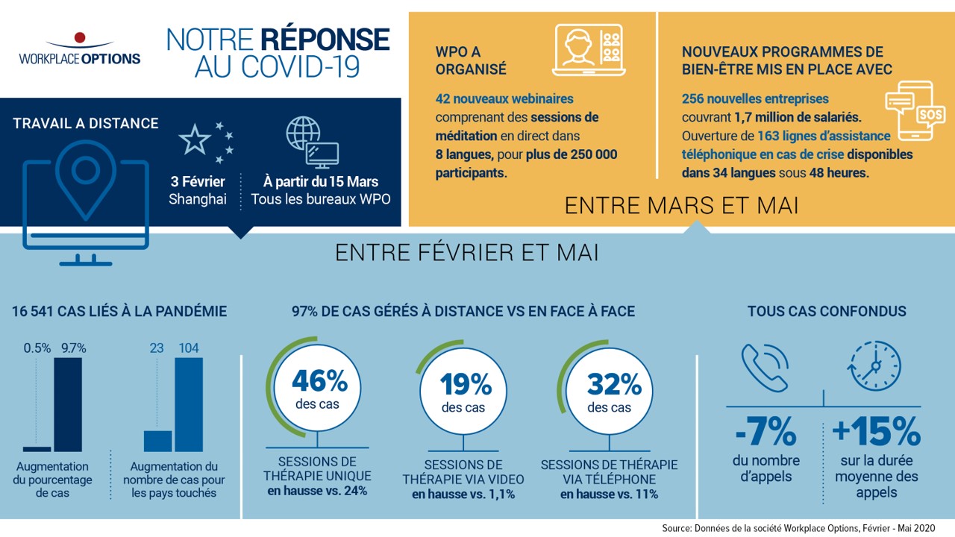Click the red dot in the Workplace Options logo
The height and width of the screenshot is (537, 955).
click(80, 37)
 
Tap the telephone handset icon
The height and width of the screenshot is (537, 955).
click(765, 368)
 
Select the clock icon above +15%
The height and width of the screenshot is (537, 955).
click(874, 366)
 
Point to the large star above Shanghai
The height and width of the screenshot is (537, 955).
click(195, 139)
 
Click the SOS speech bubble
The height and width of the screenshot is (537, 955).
click(930, 114)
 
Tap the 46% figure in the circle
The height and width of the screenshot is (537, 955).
click(319, 382)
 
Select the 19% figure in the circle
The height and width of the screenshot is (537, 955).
click(465, 385)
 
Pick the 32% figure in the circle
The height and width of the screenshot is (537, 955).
click(613, 385)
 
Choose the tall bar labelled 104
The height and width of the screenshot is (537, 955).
click(188, 404)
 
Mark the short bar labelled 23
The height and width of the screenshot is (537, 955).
click(157, 441)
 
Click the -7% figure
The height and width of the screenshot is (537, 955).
click(765, 431)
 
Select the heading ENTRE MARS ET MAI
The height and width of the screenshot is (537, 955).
click(681, 205)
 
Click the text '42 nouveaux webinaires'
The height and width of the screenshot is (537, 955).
click(504, 98)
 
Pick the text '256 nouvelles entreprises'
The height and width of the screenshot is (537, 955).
click(755, 98)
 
